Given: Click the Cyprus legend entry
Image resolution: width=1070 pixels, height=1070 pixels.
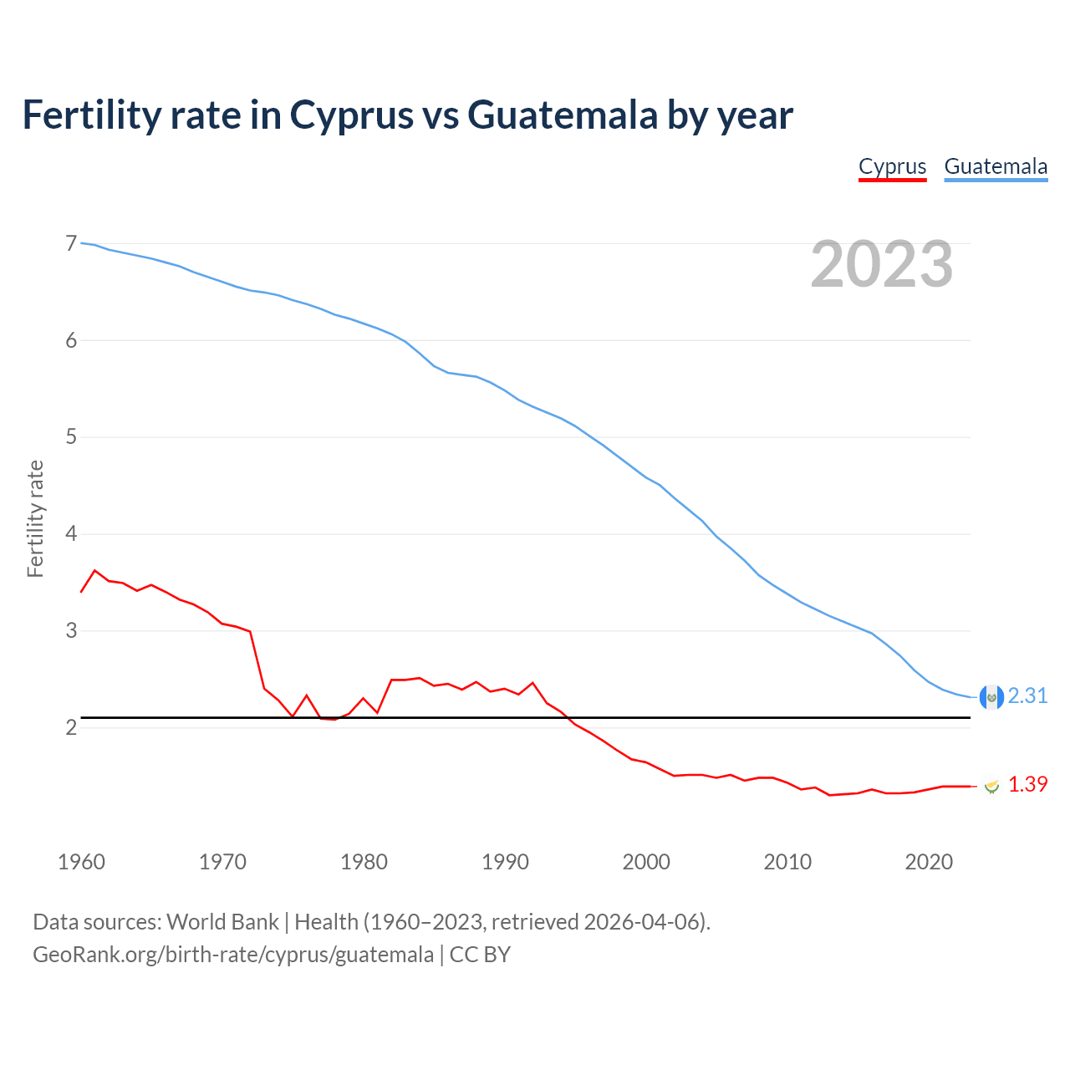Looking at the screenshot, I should coord(892,166).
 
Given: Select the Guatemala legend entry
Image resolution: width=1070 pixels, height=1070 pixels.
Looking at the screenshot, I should coord(996,166).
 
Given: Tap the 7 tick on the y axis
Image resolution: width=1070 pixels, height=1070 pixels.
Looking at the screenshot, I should coord(71,244).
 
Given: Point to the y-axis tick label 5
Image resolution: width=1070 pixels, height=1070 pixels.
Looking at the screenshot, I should coord(71,437).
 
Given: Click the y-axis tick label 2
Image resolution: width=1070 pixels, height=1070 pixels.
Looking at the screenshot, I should coord(71,727).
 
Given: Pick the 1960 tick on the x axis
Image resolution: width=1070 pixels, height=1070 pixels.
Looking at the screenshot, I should coord(81,862).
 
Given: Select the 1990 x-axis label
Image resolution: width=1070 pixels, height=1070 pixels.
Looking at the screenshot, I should coord(505,862).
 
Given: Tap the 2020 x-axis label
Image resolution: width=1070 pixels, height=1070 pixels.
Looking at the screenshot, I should coord(929,862).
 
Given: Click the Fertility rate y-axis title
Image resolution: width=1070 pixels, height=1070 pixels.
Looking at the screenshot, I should coord(35,518).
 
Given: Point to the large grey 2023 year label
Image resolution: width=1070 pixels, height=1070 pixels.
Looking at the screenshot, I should coord(882,265).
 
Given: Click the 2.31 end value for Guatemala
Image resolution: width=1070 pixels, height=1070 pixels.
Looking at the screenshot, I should coord(1027,695).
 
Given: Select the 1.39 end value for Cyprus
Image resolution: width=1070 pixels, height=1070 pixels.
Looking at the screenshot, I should coord(1027,784).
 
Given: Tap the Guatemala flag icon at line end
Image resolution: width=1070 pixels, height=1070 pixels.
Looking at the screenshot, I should coord(991,697).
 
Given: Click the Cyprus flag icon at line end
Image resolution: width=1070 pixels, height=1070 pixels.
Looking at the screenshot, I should coord(991,786).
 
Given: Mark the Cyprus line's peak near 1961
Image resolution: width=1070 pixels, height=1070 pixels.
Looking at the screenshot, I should coord(95,570).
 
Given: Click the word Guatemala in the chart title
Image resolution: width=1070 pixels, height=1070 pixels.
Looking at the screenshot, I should coord(563,115).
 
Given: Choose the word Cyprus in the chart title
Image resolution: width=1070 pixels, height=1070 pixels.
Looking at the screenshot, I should coord(352,115).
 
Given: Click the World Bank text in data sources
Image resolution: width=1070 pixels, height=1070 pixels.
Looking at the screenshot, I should coord(222,922).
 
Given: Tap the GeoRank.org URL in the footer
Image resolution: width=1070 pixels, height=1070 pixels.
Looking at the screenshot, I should coord(233,955).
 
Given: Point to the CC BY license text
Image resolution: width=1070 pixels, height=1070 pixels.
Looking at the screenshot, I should coord(480,955).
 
